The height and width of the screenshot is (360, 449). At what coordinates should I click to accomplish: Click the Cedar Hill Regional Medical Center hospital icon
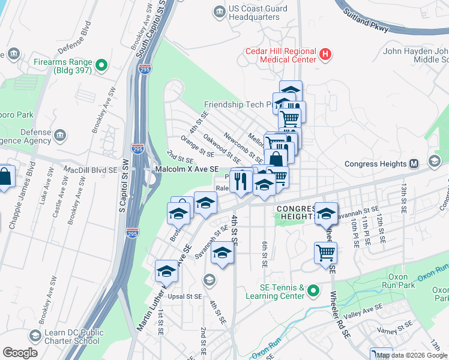325,55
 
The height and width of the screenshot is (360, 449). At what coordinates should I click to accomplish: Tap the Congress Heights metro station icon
414,164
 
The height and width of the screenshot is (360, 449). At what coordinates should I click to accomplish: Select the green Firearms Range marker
101,65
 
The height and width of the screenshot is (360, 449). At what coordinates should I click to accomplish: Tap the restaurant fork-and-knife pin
241,181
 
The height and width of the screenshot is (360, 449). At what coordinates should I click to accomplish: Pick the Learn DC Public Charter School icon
35,335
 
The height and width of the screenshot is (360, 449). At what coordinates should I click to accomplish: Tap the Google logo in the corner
20,353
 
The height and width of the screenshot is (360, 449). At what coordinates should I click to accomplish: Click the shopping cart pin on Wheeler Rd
325,253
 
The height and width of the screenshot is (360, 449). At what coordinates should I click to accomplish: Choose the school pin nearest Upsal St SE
166,272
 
